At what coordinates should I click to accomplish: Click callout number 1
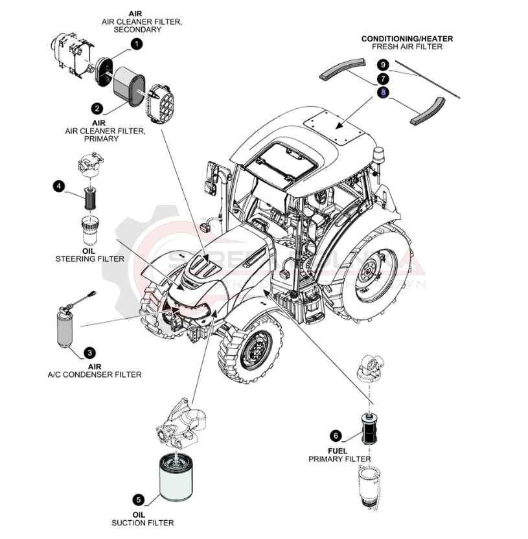click(137, 44)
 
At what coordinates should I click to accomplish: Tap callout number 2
click(97, 109)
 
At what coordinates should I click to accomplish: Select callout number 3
click(90, 352)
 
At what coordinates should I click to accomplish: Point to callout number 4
click(59, 187)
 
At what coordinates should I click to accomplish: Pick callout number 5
click(139, 499)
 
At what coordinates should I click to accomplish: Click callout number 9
click(383, 65)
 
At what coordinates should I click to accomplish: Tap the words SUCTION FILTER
click(143, 523)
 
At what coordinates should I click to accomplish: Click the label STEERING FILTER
click(90, 258)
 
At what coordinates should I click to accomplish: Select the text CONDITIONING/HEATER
click(407, 39)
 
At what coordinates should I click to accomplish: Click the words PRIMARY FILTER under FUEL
click(339, 459)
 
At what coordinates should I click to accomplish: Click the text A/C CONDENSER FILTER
click(95, 374)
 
